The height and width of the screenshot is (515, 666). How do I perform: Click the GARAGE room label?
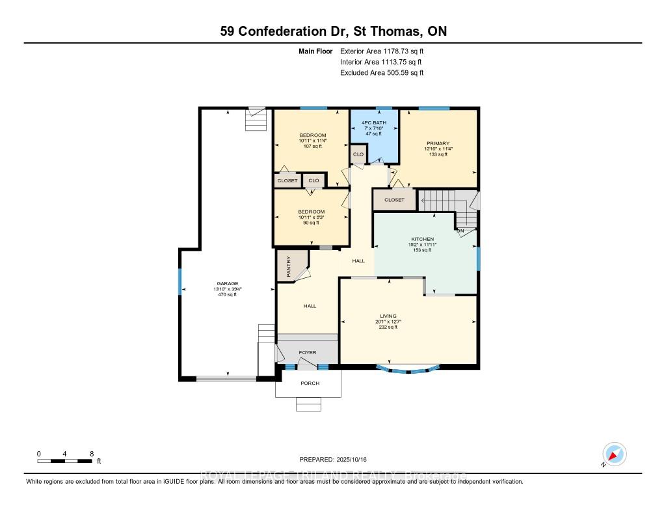(227, 283)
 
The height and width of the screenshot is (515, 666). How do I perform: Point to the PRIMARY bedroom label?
(438, 143)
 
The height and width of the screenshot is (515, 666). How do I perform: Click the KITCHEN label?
(422, 240)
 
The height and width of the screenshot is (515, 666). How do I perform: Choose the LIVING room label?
(388, 316)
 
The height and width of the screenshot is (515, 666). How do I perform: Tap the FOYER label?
(307, 353)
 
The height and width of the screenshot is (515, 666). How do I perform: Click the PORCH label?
(310, 383)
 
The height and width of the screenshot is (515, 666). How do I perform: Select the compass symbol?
(614, 454)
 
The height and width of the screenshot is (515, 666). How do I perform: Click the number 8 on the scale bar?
(92, 453)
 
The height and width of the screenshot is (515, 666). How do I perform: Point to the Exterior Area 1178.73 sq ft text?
(382, 51)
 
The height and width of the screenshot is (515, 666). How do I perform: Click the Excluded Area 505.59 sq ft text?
(382, 73)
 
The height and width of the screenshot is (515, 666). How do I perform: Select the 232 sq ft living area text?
(388, 327)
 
